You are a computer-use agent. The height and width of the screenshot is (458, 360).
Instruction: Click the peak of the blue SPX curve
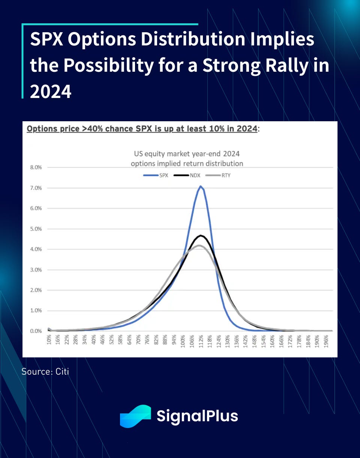(x=201, y=186)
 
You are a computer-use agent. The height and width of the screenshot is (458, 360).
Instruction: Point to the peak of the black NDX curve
(x=201, y=235)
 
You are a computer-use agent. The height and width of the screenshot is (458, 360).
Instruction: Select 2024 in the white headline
(x=51, y=91)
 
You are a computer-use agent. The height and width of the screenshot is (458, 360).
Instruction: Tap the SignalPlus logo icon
(x=135, y=416)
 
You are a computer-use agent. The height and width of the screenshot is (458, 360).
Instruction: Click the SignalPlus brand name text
(x=197, y=416)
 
